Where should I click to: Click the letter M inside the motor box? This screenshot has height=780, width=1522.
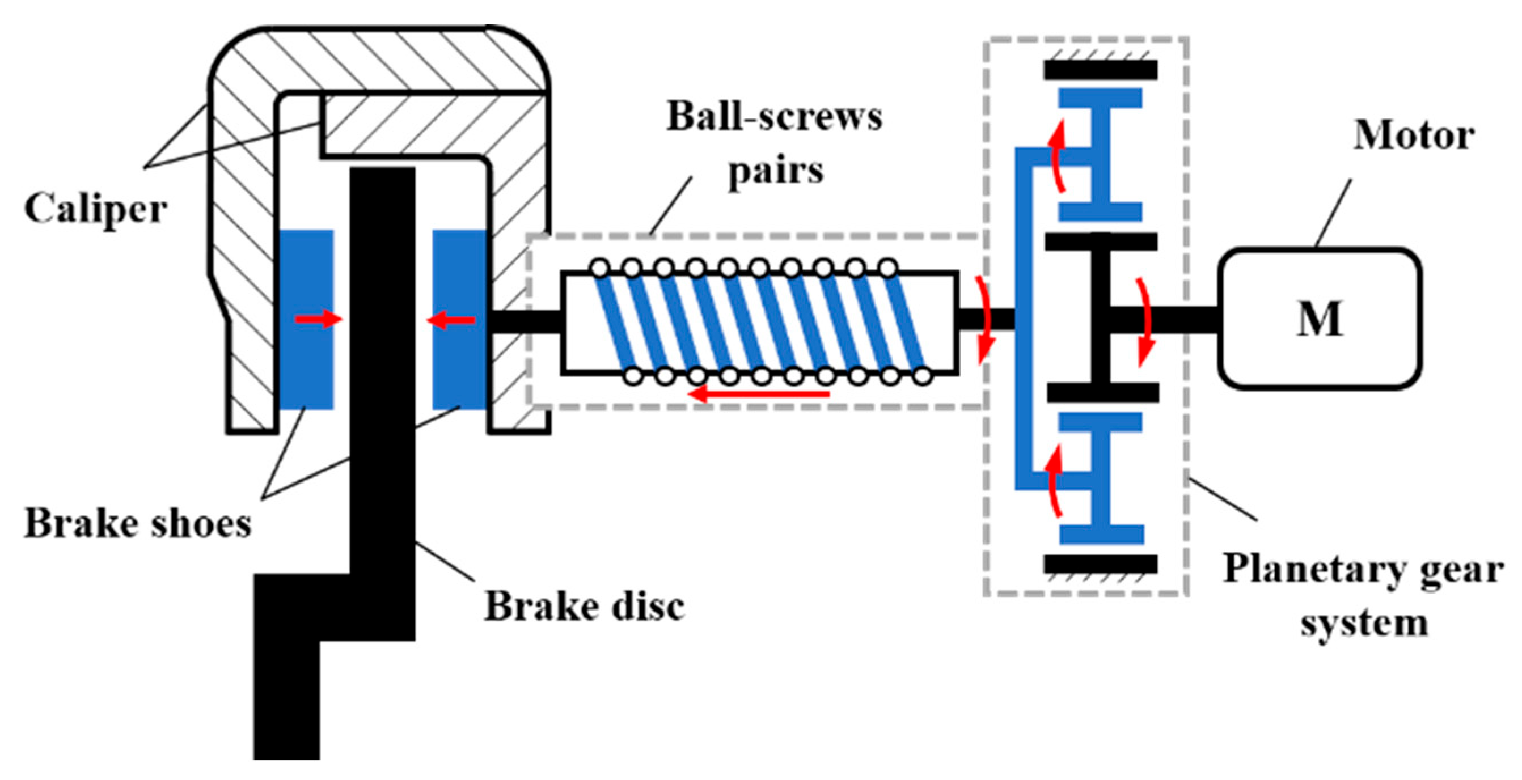[x=1320, y=320]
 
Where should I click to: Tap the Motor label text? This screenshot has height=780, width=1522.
[x=1414, y=137]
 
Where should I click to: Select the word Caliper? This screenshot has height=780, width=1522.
[x=95, y=210]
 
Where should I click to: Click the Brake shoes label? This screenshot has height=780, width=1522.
[x=138, y=524]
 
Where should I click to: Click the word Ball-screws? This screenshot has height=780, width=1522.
[x=775, y=117]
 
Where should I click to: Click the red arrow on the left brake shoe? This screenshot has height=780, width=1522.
[x=319, y=320]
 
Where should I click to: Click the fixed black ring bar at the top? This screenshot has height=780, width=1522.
[x=1100, y=70]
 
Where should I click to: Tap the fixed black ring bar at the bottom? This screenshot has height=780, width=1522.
[x=1100, y=564]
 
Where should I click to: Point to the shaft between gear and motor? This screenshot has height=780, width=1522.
[x=1176, y=320]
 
